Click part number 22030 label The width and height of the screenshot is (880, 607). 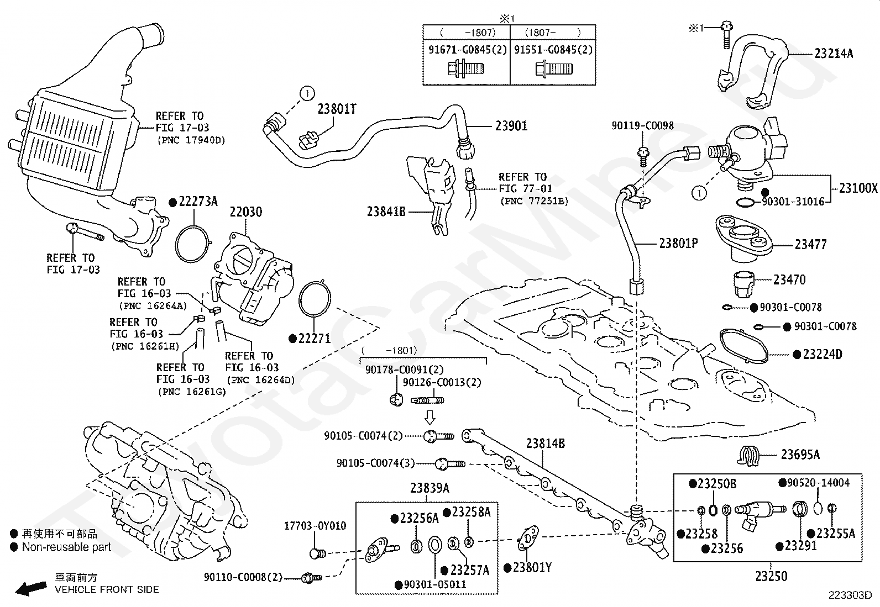point(246,212)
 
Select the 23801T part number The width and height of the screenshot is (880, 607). point(337,109)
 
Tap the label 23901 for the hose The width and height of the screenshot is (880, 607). point(511,126)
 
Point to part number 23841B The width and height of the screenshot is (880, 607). point(386,212)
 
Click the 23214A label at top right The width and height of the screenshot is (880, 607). point(834,54)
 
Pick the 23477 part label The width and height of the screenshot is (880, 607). point(811,244)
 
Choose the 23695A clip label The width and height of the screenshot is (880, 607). point(800,455)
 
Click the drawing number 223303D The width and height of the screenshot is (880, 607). point(850,595)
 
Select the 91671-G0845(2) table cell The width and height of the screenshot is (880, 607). point(467,50)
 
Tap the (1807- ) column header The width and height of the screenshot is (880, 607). point(553,32)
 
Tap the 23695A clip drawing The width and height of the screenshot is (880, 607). point(748,456)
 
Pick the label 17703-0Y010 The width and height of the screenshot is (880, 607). point(315,526)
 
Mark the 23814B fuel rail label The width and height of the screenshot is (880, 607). point(545,443)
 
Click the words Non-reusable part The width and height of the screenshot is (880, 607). point(66,547)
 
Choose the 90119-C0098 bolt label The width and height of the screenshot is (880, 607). point(642,126)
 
